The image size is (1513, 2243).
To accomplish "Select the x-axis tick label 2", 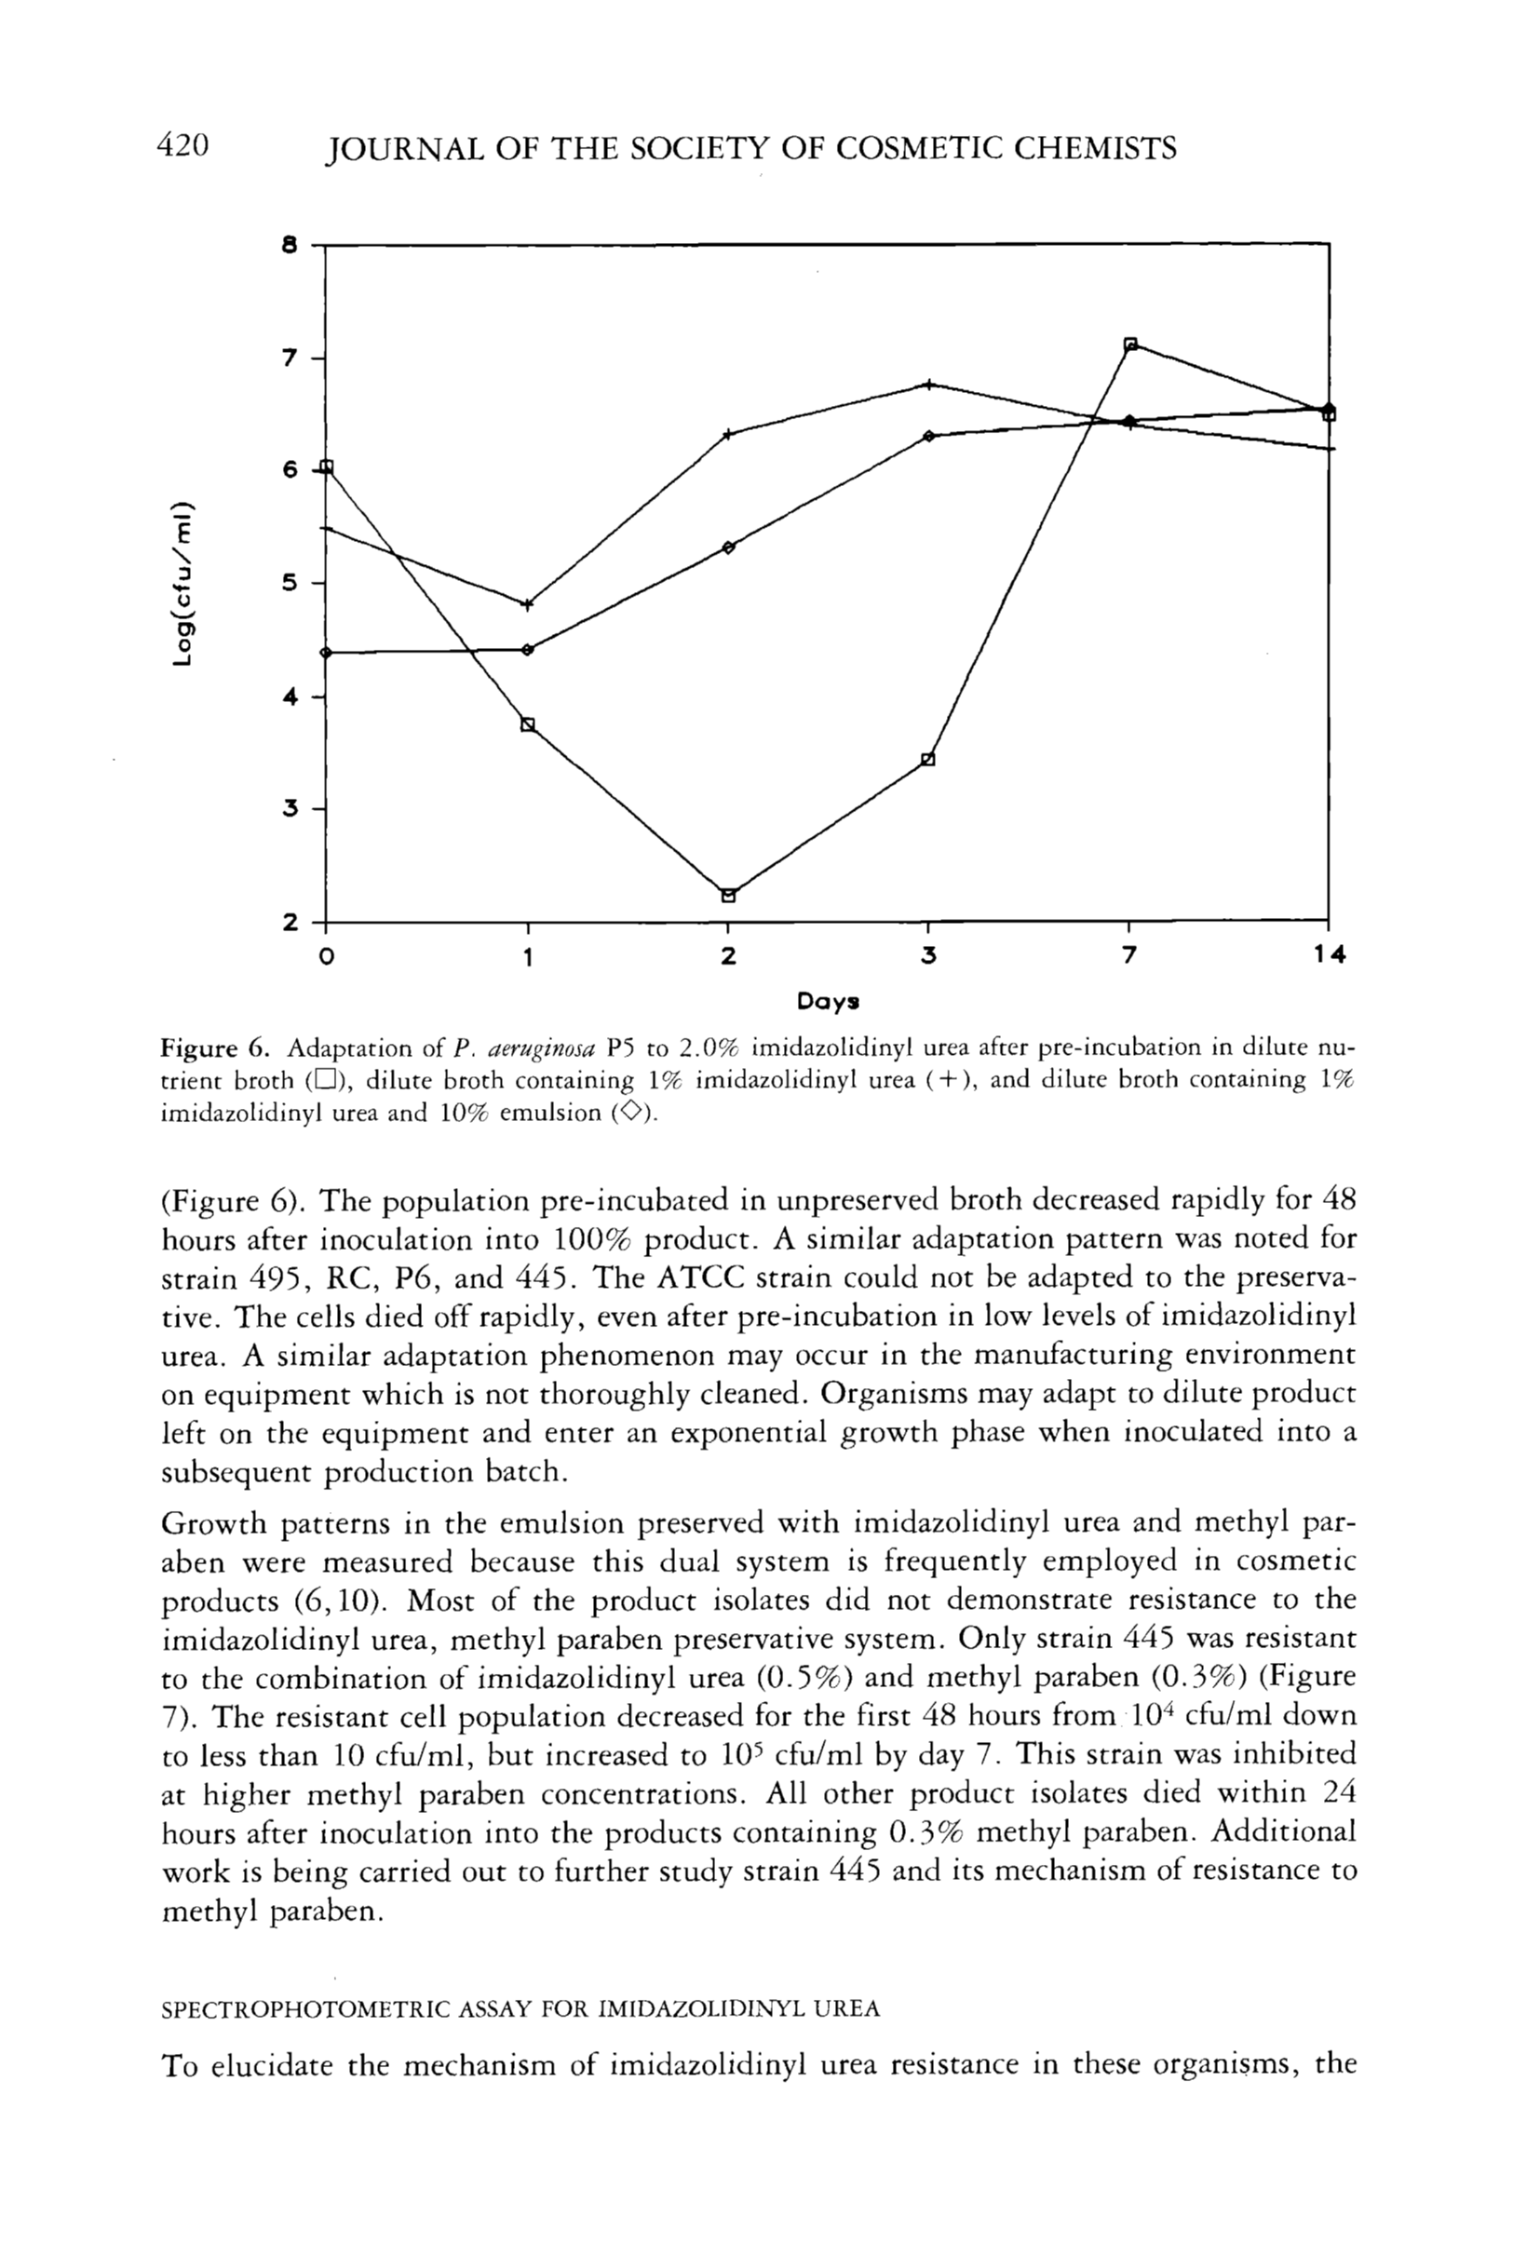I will pyautogui.click(x=727, y=955).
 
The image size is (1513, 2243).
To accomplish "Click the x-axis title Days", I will pyautogui.click(x=827, y=1002).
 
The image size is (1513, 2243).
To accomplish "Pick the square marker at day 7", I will pyautogui.click(x=1131, y=345).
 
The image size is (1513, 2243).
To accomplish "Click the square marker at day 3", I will pyautogui.click(x=928, y=759).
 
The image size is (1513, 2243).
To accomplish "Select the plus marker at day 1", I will pyautogui.click(x=527, y=605).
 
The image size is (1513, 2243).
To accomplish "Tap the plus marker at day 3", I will pyautogui.click(x=928, y=384).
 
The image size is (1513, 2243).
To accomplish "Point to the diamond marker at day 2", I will pyautogui.click(x=728, y=547).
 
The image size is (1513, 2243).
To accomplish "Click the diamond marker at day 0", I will pyautogui.click(x=326, y=653).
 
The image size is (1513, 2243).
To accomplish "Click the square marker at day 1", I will pyautogui.click(x=528, y=724).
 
